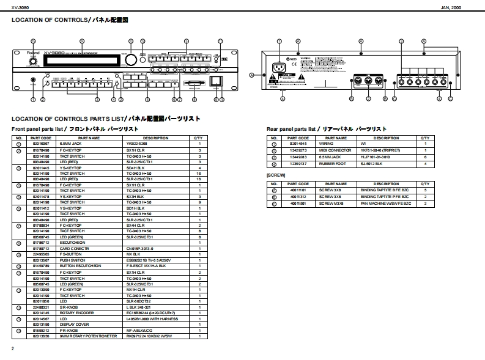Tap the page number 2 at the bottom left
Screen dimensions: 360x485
click(x=12, y=348)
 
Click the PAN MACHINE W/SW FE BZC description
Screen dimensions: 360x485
click(x=385, y=204)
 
